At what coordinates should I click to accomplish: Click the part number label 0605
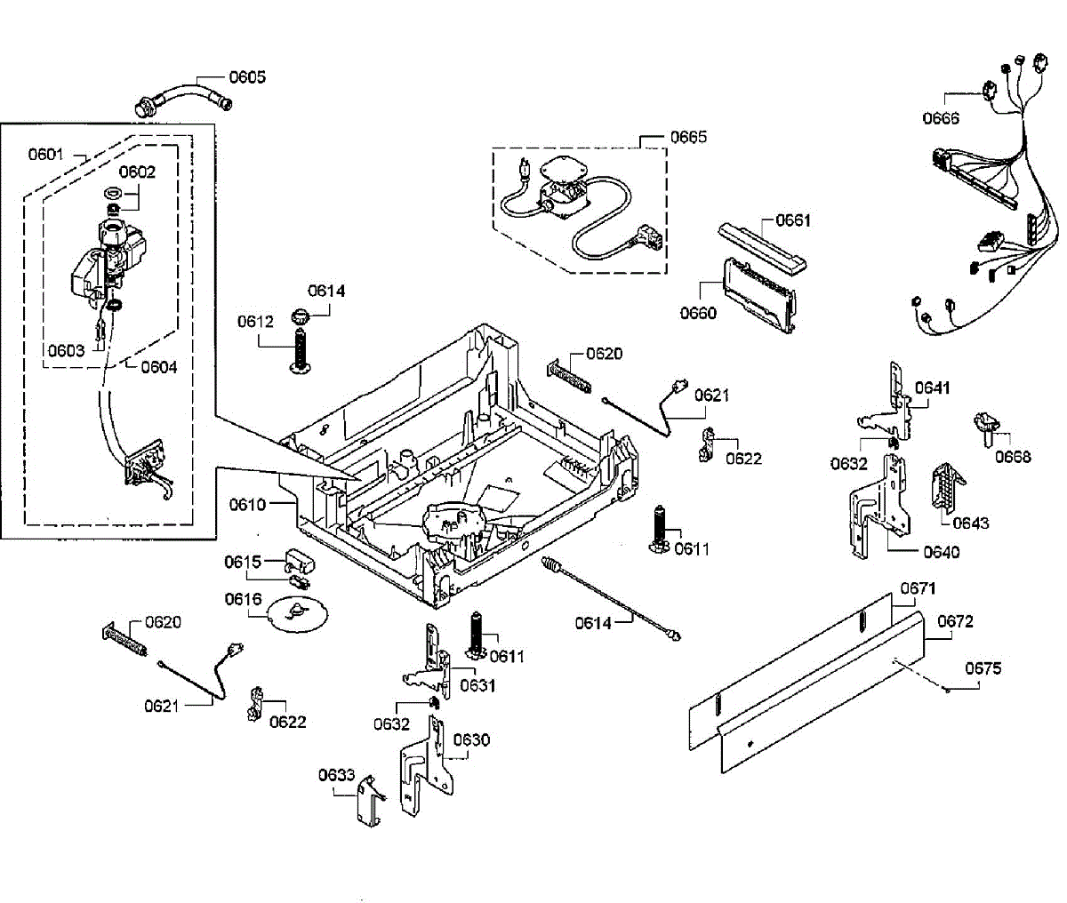click(247, 77)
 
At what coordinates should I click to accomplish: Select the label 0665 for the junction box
click(688, 137)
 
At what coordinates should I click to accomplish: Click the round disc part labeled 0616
click(298, 613)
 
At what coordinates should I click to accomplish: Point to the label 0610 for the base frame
click(247, 505)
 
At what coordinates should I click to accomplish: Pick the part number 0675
click(983, 668)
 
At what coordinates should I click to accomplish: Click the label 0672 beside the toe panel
click(955, 621)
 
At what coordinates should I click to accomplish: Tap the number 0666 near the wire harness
click(941, 119)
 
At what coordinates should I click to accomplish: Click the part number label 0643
click(970, 523)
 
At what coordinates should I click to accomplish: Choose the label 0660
click(698, 313)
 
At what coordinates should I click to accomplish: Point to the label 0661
click(793, 220)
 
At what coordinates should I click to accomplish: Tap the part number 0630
click(471, 740)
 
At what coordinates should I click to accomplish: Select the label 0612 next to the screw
click(255, 322)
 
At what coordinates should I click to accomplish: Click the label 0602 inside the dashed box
click(137, 172)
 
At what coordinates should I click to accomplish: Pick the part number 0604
click(159, 367)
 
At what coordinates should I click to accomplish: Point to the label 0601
click(46, 155)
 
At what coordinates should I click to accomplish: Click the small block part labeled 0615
click(300, 563)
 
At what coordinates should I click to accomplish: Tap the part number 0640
click(941, 553)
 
